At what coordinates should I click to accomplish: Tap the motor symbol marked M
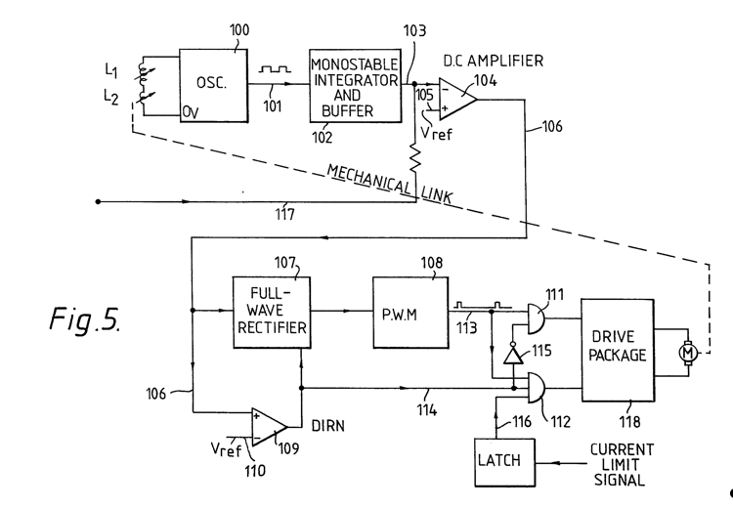point(688,353)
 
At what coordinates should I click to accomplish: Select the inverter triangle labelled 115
point(513,355)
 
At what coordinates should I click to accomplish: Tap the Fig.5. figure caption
point(85,319)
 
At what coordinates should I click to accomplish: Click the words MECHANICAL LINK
point(389,184)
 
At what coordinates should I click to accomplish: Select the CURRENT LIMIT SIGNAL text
point(622,465)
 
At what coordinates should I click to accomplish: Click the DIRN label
point(328,426)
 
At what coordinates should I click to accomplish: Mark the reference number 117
point(284,214)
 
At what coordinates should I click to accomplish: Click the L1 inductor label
point(111,70)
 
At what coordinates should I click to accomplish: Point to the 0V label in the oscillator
point(191,112)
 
